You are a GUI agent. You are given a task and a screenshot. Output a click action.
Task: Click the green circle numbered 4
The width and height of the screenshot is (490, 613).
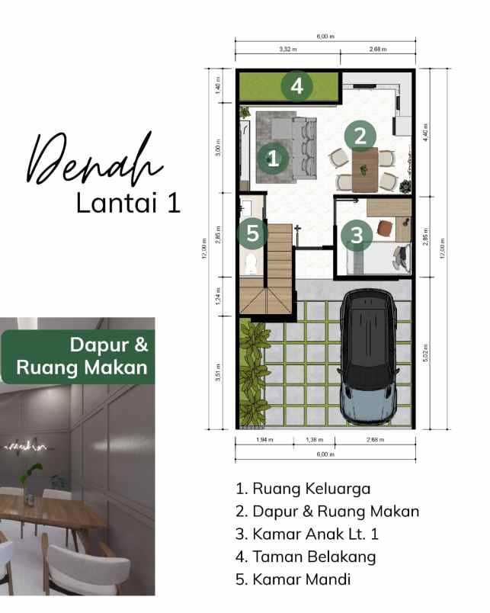point(296,86)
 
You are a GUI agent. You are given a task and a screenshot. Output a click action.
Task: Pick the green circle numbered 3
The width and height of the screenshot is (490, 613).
point(356,235)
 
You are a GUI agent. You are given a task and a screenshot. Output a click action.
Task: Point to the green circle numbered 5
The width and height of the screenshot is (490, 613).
point(252,233)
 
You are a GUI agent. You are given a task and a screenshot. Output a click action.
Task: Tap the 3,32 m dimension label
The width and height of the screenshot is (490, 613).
point(287,50)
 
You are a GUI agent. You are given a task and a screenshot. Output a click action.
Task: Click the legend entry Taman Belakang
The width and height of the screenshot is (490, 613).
point(306,557)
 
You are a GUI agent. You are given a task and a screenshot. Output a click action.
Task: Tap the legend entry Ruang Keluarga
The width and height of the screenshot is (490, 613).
point(303,489)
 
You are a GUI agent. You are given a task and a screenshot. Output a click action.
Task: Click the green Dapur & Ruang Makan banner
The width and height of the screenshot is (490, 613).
point(77,356)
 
